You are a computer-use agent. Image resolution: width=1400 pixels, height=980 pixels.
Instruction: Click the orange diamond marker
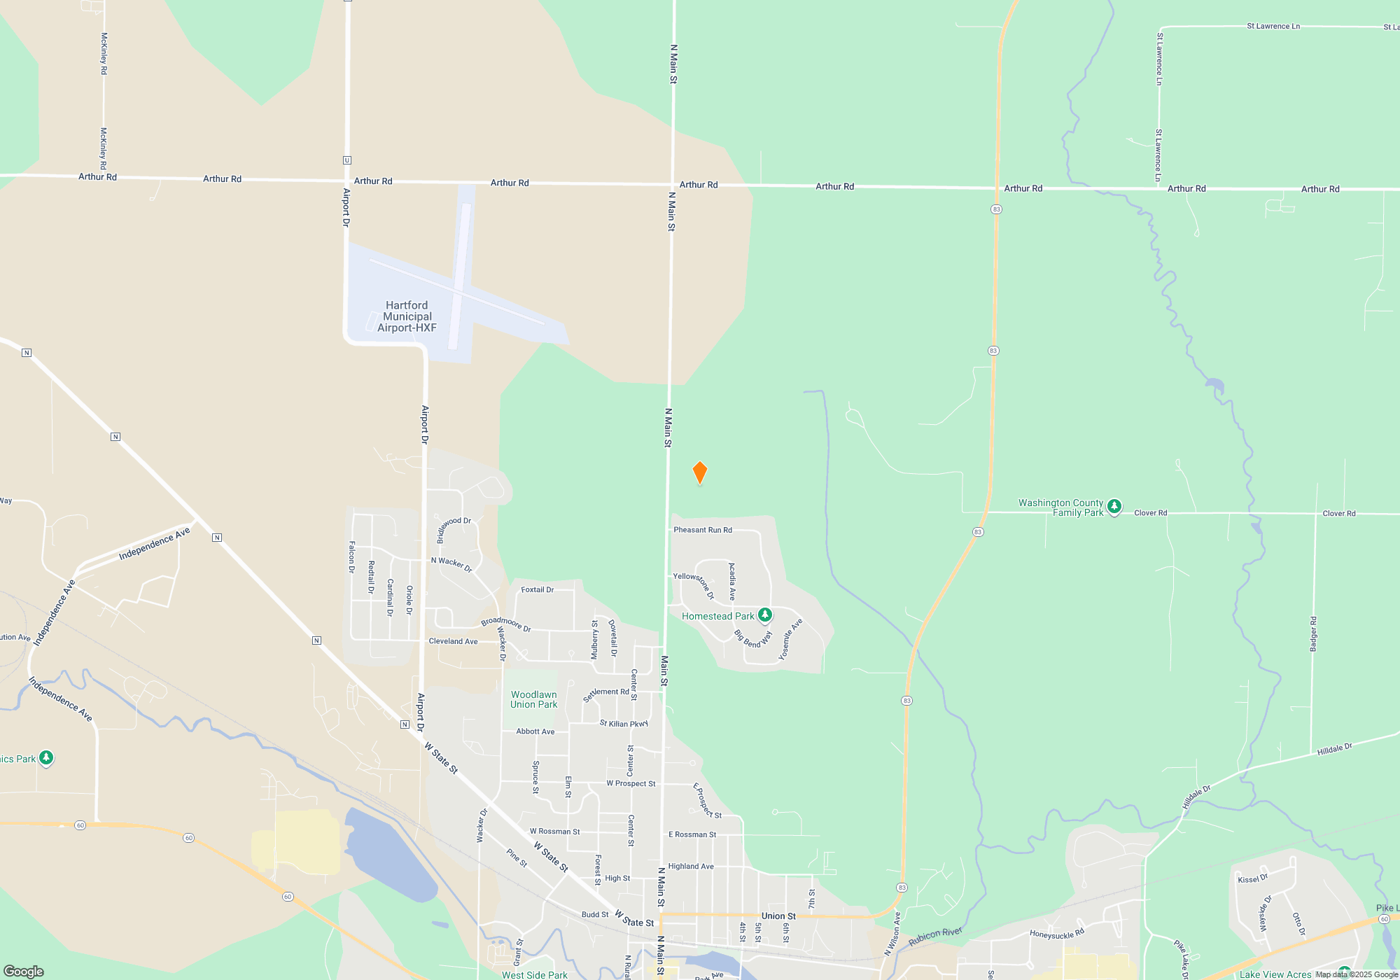point(699,472)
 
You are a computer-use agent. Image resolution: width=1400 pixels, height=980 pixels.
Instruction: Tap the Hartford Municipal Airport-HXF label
point(407,316)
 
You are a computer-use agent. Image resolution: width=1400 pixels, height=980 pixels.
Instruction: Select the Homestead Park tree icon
point(765,615)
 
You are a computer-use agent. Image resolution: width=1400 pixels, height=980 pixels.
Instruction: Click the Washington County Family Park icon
point(1114,506)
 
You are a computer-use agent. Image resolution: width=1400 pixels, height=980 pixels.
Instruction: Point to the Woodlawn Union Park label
point(533,699)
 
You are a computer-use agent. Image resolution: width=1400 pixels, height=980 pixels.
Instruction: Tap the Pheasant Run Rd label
point(703,530)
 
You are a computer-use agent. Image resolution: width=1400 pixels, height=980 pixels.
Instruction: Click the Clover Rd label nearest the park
point(1150,513)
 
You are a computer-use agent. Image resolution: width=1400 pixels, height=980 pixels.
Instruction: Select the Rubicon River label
point(935,937)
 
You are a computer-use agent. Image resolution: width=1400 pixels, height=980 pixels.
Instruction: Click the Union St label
point(778,916)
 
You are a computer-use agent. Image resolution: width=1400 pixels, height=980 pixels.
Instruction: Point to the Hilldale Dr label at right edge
point(1334,749)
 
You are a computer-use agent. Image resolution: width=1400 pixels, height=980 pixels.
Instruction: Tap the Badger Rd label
point(1313,634)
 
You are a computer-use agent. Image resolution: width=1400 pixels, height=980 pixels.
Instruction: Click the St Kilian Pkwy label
point(624,723)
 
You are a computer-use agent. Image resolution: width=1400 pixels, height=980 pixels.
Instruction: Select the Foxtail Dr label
point(537,590)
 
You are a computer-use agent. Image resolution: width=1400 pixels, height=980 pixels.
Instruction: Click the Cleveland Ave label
point(453,641)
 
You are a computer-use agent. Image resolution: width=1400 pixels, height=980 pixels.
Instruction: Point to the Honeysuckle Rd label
point(1056,934)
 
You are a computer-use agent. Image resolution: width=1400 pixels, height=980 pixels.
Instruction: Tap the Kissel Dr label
point(1252,878)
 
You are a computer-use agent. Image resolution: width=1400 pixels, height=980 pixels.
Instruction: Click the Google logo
point(24,971)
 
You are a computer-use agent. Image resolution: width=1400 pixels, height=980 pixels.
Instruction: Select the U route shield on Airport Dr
point(346,160)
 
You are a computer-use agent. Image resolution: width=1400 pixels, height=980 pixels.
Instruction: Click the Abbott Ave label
point(535,731)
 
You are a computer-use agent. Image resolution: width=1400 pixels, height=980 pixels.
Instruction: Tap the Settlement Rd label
point(605,694)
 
